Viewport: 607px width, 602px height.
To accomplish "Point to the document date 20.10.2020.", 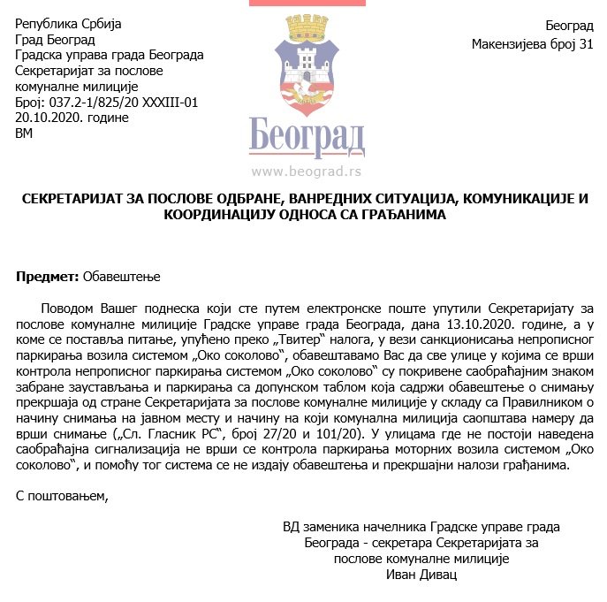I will click(x=48, y=118).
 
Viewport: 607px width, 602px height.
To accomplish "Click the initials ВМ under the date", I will click(x=24, y=134).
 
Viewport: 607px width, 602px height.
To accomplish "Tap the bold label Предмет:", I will click(x=47, y=277).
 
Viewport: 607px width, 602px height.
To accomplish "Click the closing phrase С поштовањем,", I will click(x=62, y=495).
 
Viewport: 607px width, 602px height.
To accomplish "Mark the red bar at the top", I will click(x=307, y=4).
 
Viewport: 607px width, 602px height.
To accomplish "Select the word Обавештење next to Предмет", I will click(x=121, y=277).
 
